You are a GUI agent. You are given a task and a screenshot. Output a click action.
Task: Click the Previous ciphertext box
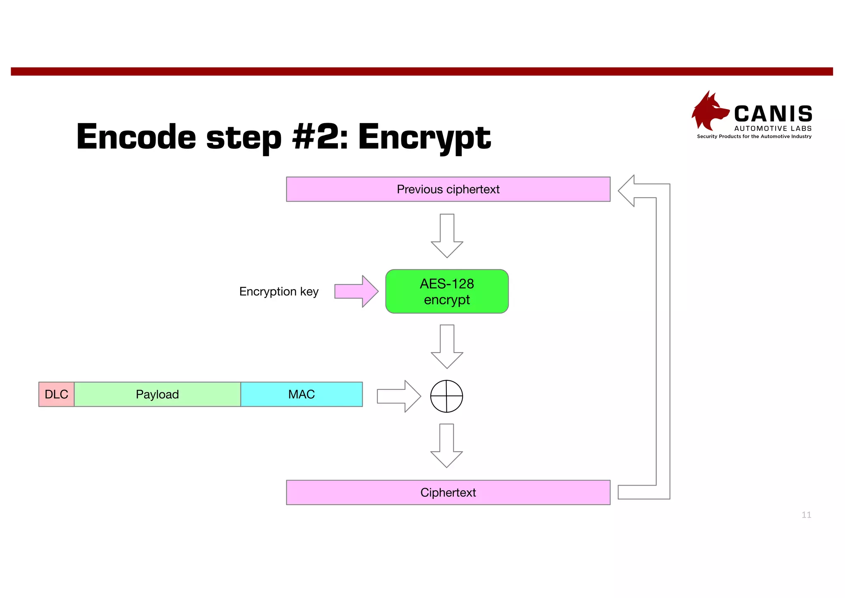(x=448, y=189)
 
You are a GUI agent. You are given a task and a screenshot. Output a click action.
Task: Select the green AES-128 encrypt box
(x=447, y=291)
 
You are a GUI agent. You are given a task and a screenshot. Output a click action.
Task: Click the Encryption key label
(x=279, y=292)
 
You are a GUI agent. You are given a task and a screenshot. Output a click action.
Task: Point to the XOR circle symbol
(x=446, y=396)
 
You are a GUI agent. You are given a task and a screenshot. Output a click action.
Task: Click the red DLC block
(x=57, y=394)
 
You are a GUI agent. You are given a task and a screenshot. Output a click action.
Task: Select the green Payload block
(x=157, y=394)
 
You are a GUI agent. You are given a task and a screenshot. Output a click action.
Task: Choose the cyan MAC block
(x=301, y=394)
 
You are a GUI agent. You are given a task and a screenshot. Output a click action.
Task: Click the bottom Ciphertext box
(x=448, y=492)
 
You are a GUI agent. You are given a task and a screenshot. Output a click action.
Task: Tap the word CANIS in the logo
(x=773, y=114)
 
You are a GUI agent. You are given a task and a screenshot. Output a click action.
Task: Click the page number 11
(x=806, y=515)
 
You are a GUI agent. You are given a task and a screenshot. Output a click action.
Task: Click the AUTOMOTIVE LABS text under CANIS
(x=773, y=128)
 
